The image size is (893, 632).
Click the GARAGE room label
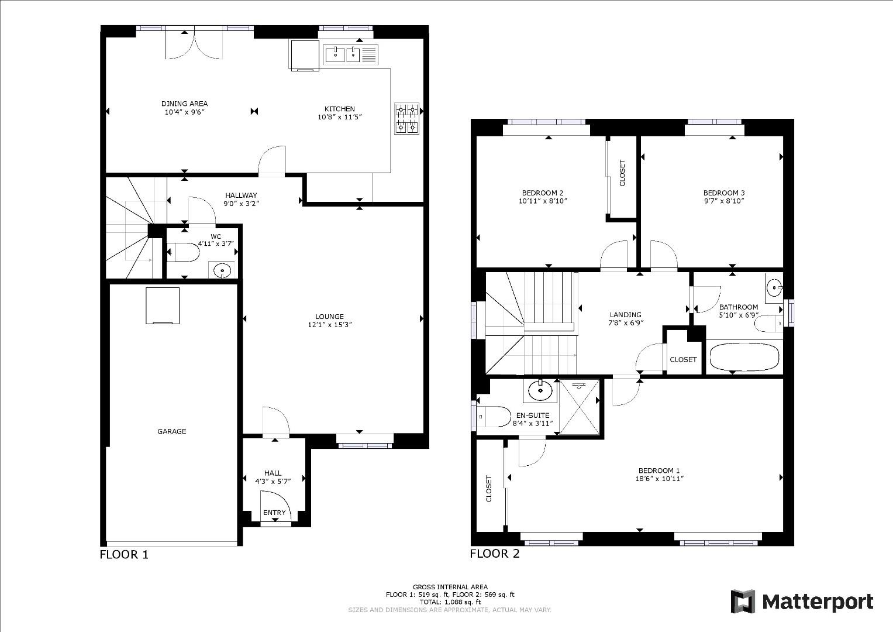(x=171, y=431)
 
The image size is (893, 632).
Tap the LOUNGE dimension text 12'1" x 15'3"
(x=330, y=325)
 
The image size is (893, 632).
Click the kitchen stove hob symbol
(x=407, y=119)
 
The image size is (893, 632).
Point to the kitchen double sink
(x=342, y=55)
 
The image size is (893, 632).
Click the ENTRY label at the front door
(x=274, y=513)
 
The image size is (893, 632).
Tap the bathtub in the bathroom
(x=744, y=357)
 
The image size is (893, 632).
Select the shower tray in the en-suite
(x=580, y=407)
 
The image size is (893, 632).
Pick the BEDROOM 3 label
(x=723, y=193)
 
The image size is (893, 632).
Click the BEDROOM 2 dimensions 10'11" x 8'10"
(x=543, y=201)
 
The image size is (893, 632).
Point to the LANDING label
(x=625, y=314)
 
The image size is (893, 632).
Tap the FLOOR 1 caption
(x=124, y=554)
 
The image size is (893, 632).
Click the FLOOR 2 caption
(x=495, y=554)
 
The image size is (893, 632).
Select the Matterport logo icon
(x=743, y=602)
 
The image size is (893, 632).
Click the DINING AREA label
(x=184, y=104)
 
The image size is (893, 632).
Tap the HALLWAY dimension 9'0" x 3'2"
(x=241, y=204)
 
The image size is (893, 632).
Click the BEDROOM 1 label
(x=658, y=470)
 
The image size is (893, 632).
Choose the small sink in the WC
(x=222, y=270)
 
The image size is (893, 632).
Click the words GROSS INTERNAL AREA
(x=450, y=587)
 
